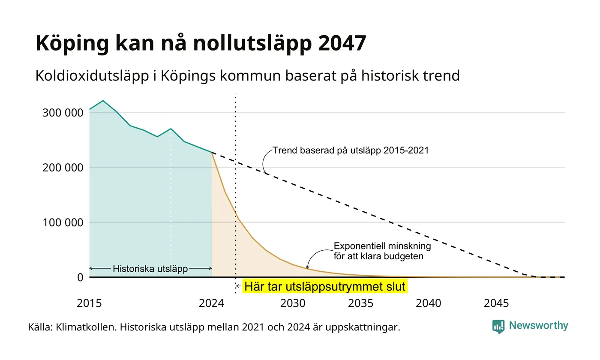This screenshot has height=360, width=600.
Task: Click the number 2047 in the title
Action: [342, 43]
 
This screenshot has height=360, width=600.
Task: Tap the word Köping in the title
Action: [72, 44]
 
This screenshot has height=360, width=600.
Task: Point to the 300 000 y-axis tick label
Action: [63, 113]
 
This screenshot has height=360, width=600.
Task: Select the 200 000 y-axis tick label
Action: [63, 168]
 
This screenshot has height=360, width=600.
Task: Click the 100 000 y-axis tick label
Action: [63, 222]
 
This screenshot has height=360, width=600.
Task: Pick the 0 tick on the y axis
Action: [81, 278]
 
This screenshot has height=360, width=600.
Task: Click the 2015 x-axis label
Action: [89, 303]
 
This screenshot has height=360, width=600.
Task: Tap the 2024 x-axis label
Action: [211, 303]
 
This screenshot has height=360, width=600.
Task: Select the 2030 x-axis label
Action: [293, 303]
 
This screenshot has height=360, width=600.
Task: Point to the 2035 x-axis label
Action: [360, 303]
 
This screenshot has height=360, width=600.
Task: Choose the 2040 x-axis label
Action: [428, 303]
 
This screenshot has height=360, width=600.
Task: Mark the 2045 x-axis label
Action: [496, 303]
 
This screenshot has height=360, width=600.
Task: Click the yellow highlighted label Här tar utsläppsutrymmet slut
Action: [325, 286]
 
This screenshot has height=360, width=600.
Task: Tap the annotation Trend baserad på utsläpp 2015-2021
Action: [351, 150]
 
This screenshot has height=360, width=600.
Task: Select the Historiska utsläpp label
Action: [150, 269]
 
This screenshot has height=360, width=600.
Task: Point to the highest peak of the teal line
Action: [103, 101]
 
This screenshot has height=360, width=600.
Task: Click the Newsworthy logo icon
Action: [498, 327]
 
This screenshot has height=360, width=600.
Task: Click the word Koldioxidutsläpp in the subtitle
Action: [92, 76]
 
